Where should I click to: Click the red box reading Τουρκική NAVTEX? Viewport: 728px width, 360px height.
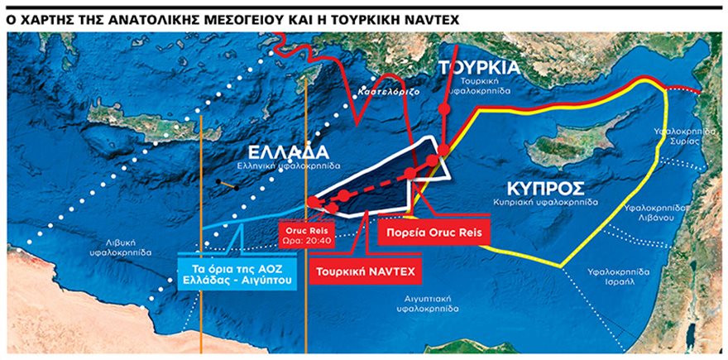coord(366,271)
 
